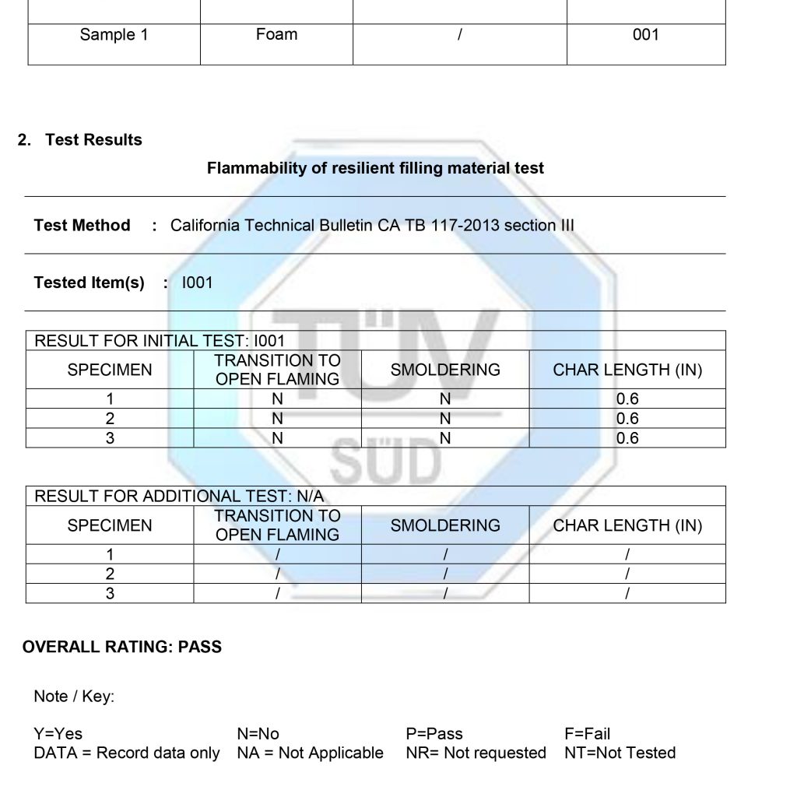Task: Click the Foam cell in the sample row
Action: pyautogui.click(x=276, y=34)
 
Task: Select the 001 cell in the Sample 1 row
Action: pyautogui.click(x=645, y=34)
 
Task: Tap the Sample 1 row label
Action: pyautogui.click(x=114, y=34)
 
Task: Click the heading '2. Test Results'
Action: pyautogui.click(x=80, y=140)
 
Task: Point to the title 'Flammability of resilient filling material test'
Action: pyautogui.click(x=375, y=168)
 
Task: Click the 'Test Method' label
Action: pyautogui.click(x=82, y=226)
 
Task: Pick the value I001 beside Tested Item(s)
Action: pyautogui.click(x=197, y=283)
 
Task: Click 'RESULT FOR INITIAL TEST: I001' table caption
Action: pyautogui.click(x=160, y=341)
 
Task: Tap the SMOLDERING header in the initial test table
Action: pyautogui.click(x=445, y=370)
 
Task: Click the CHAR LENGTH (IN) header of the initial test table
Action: pyautogui.click(x=627, y=370)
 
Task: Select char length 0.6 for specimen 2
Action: pyautogui.click(x=627, y=419)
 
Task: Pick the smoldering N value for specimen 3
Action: pyautogui.click(x=445, y=438)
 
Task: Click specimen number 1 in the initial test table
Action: pyautogui.click(x=110, y=399)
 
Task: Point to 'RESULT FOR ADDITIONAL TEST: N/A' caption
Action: pyautogui.click(x=179, y=497)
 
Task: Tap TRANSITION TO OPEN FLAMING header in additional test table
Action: pyautogui.click(x=278, y=525)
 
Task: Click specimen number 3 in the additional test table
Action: pyautogui.click(x=110, y=594)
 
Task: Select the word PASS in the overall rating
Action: pyautogui.click(x=200, y=647)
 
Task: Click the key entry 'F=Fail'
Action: pyautogui.click(x=587, y=733)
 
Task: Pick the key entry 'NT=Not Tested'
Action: pyautogui.click(x=620, y=753)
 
